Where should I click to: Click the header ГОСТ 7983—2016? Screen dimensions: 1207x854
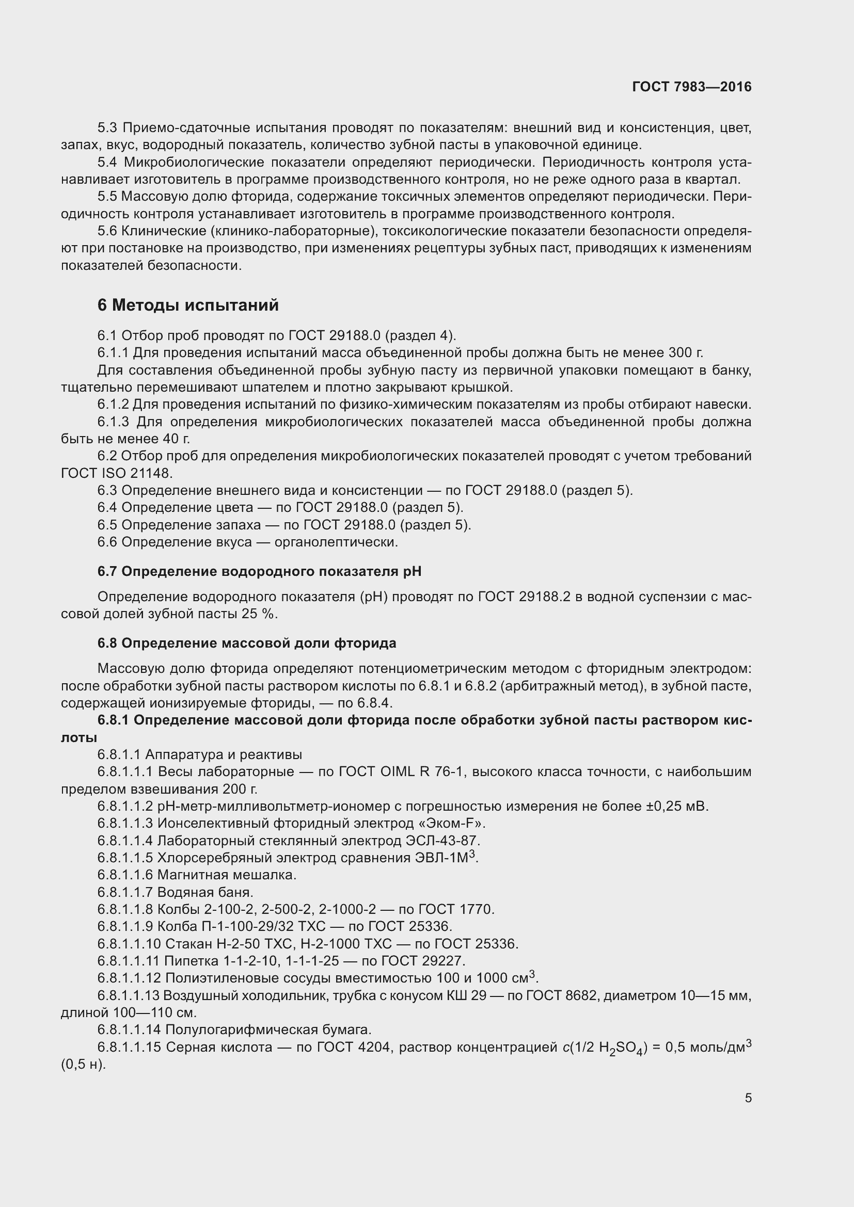pyautogui.click(x=691, y=87)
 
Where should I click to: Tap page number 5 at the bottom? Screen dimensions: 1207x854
pyautogui.click(x=748, y=1098)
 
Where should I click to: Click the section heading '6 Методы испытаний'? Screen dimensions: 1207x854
pyautogui.click(x=188, y=305)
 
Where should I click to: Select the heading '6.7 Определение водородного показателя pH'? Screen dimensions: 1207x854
pyautogui.click(x=259, y=571)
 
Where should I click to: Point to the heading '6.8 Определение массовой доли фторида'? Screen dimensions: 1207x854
pyautogui.click(x=247, y=643)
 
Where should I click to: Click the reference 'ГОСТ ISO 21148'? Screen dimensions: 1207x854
pyautogui.click(x=116, y=473)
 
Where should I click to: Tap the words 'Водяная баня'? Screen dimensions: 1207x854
pyautogui.click(x=205, y=892)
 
